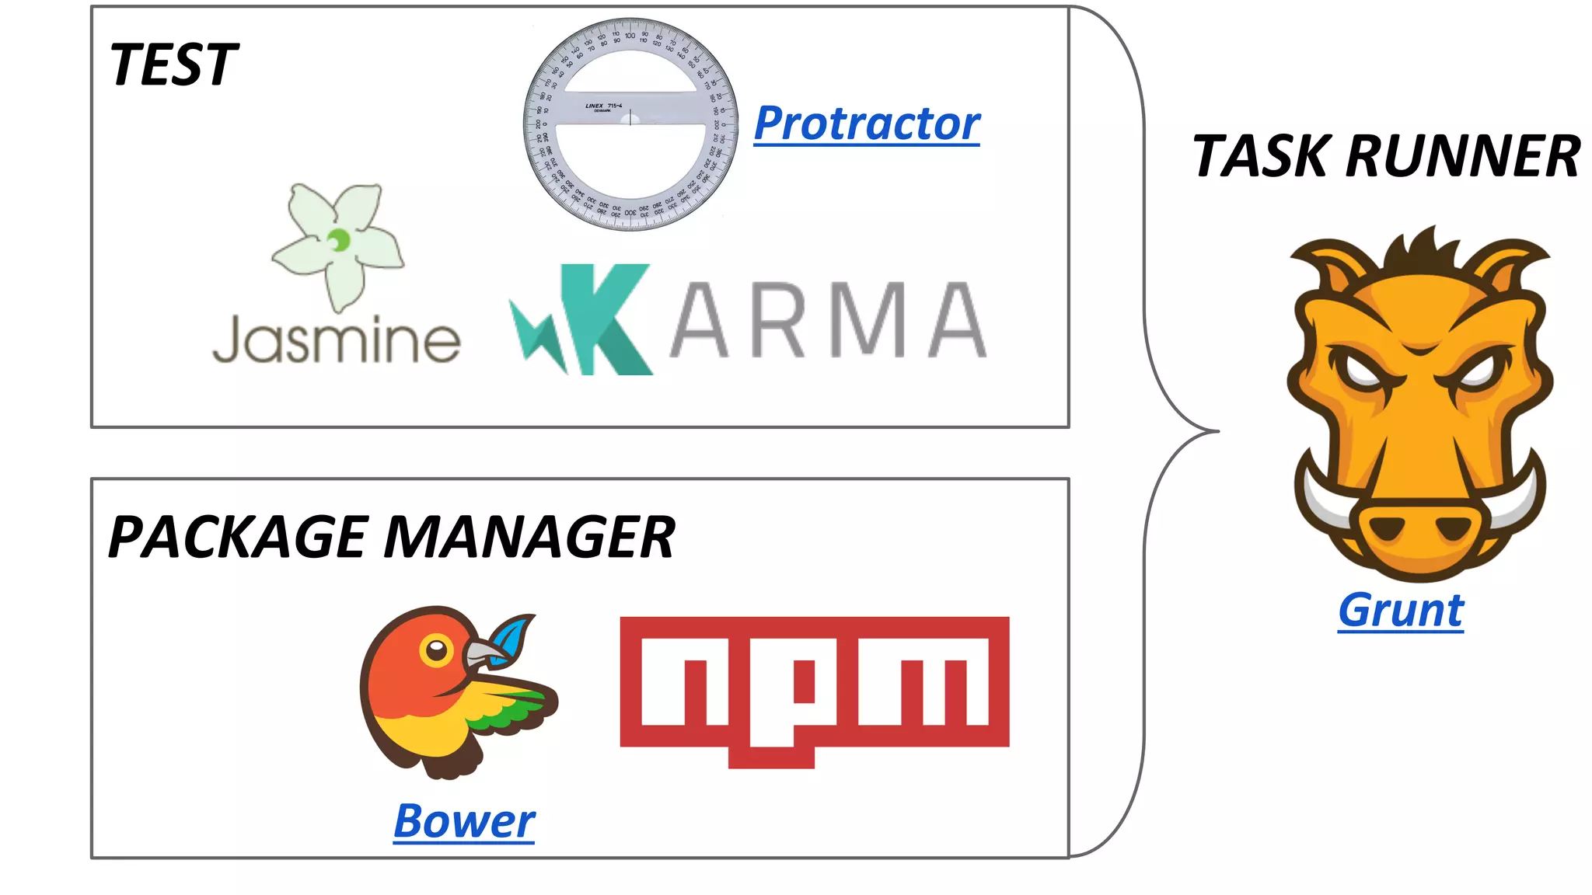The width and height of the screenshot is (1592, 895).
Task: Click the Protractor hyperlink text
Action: tap(867, 124)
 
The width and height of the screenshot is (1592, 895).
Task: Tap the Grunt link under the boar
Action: tap(1400, 611)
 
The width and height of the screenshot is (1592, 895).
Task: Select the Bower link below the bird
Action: tap(464, 821)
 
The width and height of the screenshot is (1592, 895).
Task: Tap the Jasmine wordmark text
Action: tap(336, 340)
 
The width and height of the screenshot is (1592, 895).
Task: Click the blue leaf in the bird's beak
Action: tap(514, 637)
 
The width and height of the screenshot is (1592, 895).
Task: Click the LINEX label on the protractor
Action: tap(595, 106)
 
